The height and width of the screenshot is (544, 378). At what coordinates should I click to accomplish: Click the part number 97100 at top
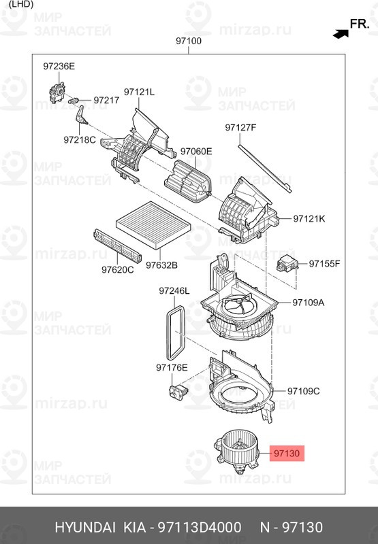(189, 41)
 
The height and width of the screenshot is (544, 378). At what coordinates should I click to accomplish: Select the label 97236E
(59, 66)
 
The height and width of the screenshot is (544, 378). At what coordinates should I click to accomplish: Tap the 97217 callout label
(106, 100)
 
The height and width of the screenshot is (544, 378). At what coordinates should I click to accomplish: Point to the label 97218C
(80, 139)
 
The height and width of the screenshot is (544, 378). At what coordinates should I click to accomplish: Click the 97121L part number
(139, 92)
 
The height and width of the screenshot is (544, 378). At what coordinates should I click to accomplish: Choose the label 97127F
(241, 127)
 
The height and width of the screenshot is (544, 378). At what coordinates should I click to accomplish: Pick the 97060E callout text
(196, 151)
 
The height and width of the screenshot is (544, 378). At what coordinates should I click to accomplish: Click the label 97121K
(309, 219)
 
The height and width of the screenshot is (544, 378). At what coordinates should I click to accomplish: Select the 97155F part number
(324, 263)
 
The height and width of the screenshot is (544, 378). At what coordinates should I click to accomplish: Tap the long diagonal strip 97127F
(266, 165)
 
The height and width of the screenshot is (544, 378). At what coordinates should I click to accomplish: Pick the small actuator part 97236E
(57, 89)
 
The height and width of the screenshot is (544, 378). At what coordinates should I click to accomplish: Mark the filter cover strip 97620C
(117, 245)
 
